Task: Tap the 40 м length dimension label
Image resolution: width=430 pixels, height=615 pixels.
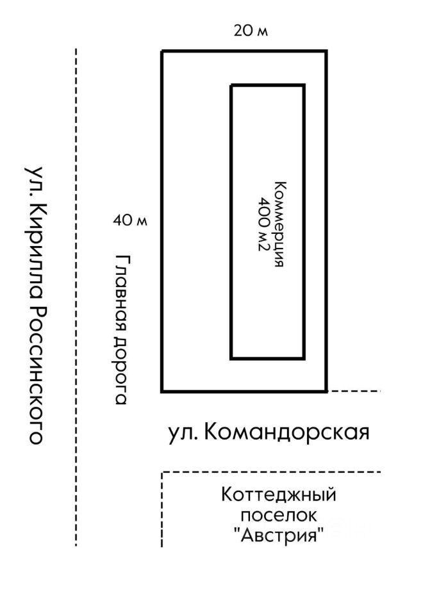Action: click(130, 221)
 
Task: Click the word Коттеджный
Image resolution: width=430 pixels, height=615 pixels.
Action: click(279, 495)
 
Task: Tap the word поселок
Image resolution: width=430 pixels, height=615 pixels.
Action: click(279, 515)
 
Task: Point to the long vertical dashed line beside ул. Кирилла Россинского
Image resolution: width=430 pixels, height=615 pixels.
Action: click(76, 295)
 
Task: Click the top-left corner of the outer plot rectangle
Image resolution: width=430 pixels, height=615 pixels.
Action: click(162, 51)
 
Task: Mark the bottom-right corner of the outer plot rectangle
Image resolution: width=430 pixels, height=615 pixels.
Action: click(327, 391)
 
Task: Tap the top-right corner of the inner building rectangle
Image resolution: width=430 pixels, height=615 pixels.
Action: click(304, 85)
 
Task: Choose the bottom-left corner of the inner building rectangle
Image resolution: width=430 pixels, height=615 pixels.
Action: click(231, 358)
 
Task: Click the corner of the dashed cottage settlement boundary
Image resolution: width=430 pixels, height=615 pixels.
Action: click(162, 473)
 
